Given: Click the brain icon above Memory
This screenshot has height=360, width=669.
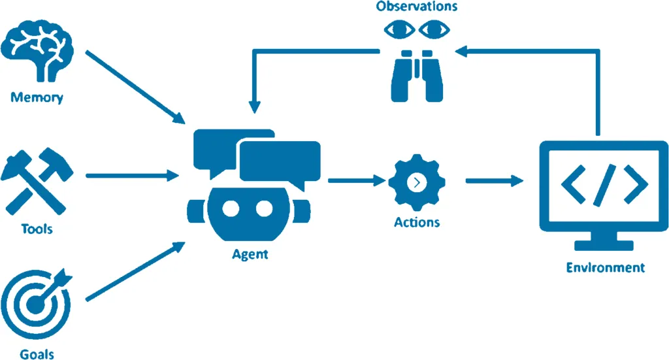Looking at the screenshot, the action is (37, 50).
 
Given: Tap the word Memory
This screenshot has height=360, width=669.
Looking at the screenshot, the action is (37, 98).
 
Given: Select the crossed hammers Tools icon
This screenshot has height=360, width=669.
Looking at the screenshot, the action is (37, 181).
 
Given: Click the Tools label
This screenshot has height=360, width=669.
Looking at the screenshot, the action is (37, 229).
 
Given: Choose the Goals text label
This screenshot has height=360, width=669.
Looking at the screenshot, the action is (37, 355).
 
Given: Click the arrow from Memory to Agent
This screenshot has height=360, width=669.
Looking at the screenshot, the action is (135, 88).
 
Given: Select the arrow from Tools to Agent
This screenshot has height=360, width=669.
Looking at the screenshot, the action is (132, 175).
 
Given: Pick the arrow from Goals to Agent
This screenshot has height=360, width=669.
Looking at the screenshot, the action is (135, 271).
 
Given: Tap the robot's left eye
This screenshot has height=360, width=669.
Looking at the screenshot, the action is (231, 208).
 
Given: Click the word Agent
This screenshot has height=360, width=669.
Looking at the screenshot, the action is (250, 255).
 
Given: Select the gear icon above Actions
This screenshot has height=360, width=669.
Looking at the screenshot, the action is (417, 182).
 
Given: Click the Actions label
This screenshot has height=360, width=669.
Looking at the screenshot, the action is (417, 222).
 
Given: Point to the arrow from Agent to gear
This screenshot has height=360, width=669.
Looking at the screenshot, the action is (357, 180).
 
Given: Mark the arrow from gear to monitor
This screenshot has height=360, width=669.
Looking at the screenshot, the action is (495, 181).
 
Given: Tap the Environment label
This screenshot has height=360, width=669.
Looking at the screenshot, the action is (606, 267).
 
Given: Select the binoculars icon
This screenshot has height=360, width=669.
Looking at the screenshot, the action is (417, 76).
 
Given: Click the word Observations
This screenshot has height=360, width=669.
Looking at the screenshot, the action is (417, 7).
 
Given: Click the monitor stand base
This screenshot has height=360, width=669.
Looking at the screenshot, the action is (604, 245).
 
